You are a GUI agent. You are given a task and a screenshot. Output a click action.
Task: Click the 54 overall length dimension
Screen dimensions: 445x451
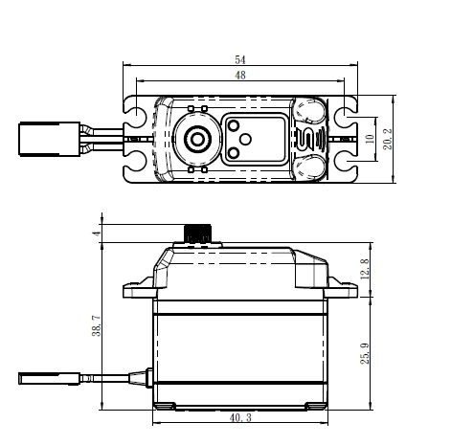coord(239,59)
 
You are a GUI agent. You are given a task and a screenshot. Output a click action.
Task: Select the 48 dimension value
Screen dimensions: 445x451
coord(239,76)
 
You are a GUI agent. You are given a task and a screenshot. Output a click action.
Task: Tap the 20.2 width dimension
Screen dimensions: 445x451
coord(387,140)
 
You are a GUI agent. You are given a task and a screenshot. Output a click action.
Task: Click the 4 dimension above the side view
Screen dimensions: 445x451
coord(96,232)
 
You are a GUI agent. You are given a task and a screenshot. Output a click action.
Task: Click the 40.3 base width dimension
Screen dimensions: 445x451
coord(241,418)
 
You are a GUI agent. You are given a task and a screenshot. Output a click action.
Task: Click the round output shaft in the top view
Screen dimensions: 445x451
coord(199,140)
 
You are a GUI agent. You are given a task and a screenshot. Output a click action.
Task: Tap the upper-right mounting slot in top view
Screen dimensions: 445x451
coord(341,115)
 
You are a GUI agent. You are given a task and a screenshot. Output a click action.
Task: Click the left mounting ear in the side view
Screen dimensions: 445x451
coord(136,286)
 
